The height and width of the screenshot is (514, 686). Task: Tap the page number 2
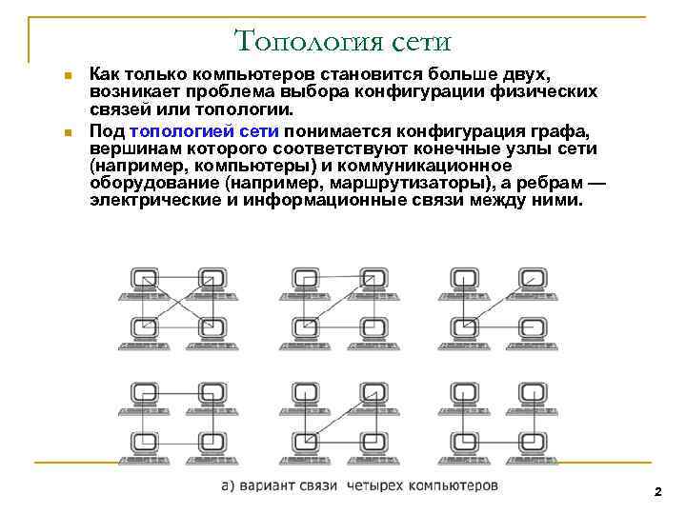click(657, 491)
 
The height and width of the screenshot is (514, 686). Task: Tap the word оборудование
click(154, 184)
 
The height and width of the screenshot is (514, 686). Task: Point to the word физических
click(544, 91)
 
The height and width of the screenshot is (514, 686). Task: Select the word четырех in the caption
click(373, 486)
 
